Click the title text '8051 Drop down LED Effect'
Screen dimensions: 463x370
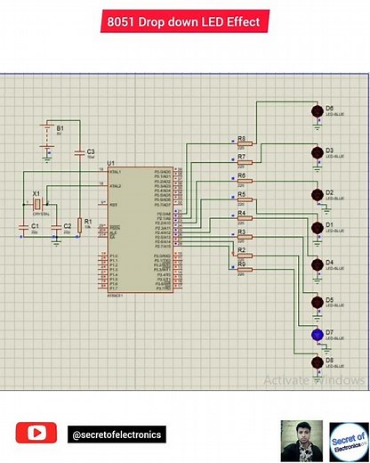pos(184,22)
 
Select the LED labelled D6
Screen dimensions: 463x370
pos(316,112)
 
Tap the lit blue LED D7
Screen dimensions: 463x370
pos(316,335)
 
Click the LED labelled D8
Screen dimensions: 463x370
pos(316,363)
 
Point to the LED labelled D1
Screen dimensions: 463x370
pos(316,228)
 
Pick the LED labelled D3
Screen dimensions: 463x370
pos(316,154)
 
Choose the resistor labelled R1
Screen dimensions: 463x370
pos(79,224)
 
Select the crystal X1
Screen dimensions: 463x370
pos(37,203)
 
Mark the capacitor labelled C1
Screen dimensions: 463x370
pos(24,230)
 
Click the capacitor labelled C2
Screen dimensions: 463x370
pos(56,230)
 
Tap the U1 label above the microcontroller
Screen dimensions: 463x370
pos(110,163)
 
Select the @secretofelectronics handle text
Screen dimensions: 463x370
pos(117,435)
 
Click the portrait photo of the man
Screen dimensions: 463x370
pos(301,440)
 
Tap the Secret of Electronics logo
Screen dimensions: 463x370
pos(348,440)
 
